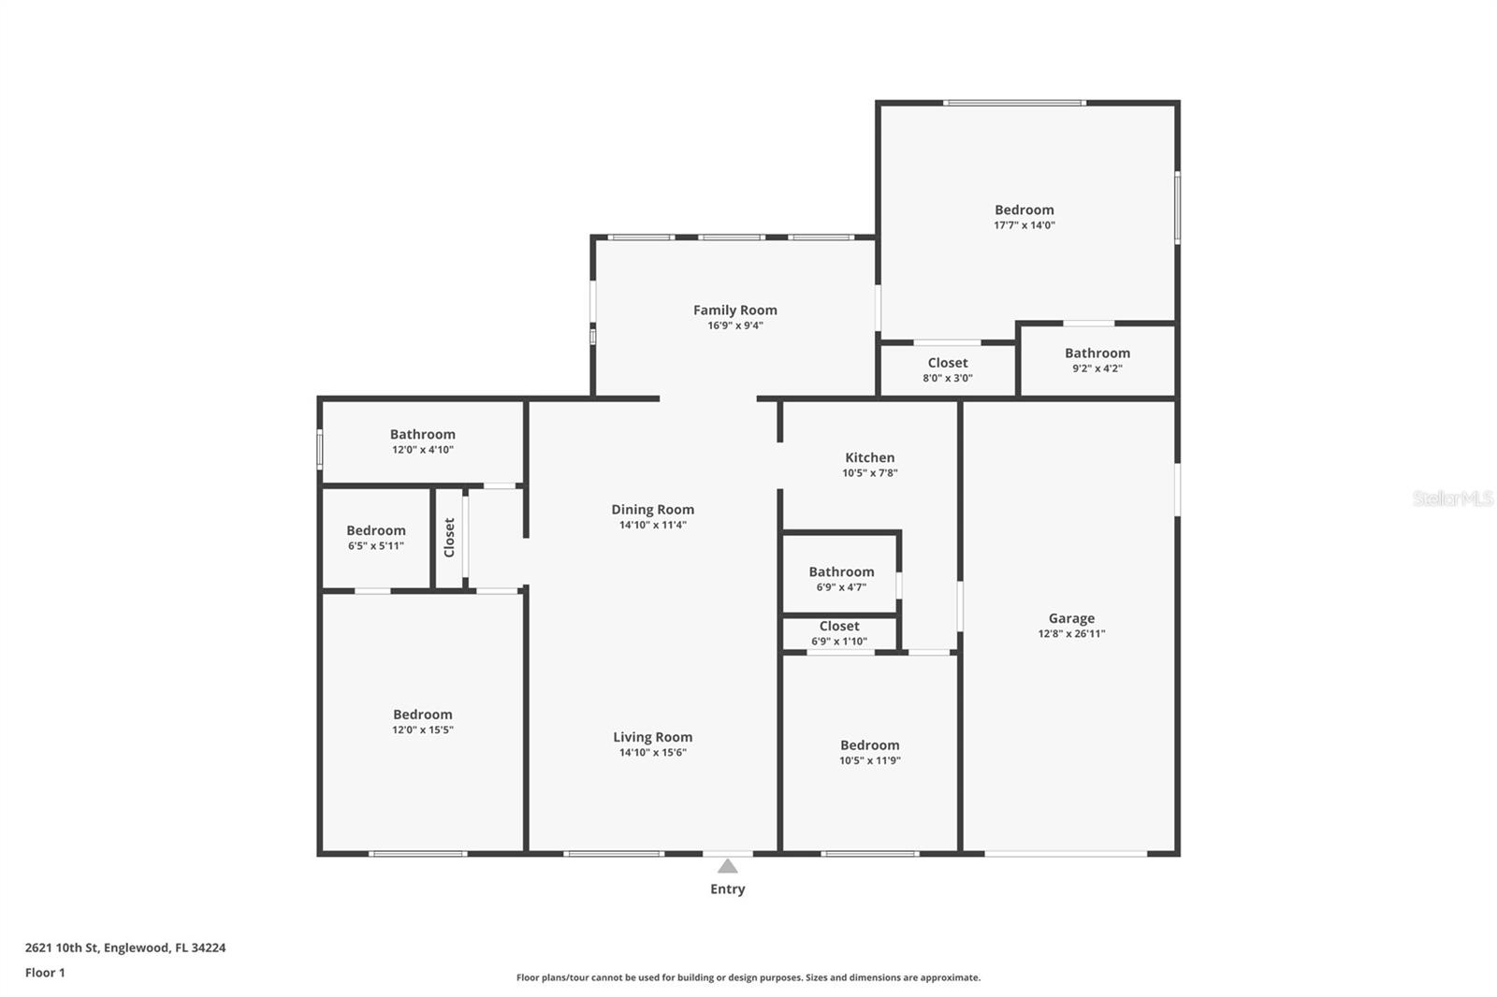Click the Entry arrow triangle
pos(728,867)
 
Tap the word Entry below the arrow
pos(728,889)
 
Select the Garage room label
pos(1071,619)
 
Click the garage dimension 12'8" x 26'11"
pos(1071,633)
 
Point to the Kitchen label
pos(869,457)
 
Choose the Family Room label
pos(735,311)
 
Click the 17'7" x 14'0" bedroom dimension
pos(1024,225)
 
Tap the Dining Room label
pos(652,510)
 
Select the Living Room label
pos(653,737)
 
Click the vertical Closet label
pos(449,537)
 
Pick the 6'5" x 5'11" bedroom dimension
pos(375,546)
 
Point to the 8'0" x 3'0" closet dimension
pos(948,378)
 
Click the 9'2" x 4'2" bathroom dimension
pos(1097,368)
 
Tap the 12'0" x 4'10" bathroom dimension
pos(422,450)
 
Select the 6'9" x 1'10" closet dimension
pos(839,642)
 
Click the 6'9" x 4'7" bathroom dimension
pos(841,587)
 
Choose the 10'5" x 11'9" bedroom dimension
pos(869,760)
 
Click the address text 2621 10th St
pos(62,947)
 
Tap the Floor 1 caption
pos(45,973)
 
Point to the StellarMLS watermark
pos(1452,498)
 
